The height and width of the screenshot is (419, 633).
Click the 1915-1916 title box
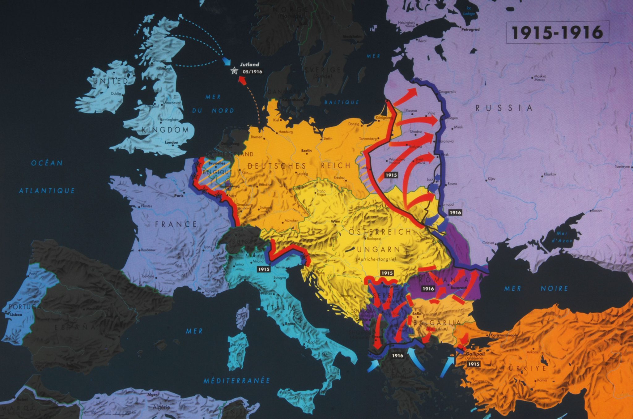point(557,32)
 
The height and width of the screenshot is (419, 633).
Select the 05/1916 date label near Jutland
point(252,72)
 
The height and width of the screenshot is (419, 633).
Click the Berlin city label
point(306,151)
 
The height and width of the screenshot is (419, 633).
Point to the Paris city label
point(179,195)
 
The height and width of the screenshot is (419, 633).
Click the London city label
point(171,142)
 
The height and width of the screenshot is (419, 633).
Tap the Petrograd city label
point(470,29)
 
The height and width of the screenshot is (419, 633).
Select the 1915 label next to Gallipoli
point(473,364)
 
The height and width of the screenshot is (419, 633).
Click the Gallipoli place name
point(476,354)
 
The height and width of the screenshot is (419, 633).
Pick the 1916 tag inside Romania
point(428,289)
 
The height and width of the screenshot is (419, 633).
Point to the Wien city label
point(335,221)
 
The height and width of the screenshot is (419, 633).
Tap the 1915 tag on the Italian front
point(264,269)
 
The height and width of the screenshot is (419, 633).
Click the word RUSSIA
point(504,108)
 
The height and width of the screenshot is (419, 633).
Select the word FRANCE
point(176,224)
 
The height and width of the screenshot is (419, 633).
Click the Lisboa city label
point(16,314)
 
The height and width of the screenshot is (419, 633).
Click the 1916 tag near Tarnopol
point(455,212)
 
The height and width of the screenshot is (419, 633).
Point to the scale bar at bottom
point(110,413)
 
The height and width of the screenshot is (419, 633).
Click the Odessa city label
point(488,243)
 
